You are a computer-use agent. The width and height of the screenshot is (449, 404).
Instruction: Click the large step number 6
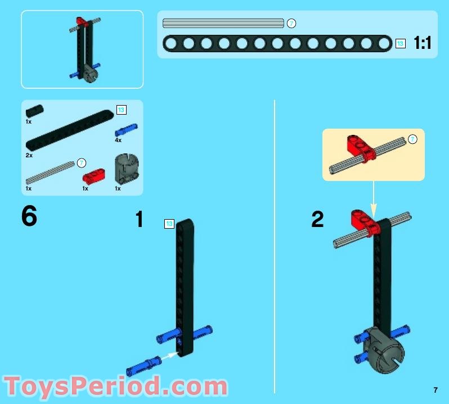pyautogui.click(x=29, y=216)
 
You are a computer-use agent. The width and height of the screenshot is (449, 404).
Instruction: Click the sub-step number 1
pyautogui.click(x=140, y=219)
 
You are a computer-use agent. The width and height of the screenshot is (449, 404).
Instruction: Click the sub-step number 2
pyautogui.click(x=317, y=219)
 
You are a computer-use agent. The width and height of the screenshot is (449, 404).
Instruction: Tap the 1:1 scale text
pyautogui.click(x=423, y=43)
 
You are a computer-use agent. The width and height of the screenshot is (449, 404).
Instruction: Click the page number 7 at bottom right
pyautogui.click(x=435, y=390)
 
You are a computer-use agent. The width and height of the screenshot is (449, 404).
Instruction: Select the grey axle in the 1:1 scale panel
pyautogui.click(x=223, y=23)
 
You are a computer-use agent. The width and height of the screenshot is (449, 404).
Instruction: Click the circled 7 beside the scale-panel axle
pyautogui.click(x=291, y=24)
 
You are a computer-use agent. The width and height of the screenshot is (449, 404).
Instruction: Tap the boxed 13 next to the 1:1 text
pyautogui.click(x=400, y=43)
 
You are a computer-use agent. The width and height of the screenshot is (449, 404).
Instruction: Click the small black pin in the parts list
pyautogui.click(x=35, y=111)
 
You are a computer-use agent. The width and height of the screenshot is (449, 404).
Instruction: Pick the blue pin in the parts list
pyautogui.click(x=126, y=130)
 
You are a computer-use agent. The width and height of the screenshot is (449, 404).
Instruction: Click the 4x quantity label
pyautogui.click(x=118, y=140)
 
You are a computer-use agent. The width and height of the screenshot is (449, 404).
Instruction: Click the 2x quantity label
pyautogui.click(x=29, y=155)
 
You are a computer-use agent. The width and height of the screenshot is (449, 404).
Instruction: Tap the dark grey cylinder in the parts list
pyautogui.click(x=127, y=169)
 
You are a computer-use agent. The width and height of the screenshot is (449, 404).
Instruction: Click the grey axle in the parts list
pyautogui.click(x=50, y=173)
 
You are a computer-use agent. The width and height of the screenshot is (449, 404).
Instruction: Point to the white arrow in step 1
pyautogui.click(x=169, y=356)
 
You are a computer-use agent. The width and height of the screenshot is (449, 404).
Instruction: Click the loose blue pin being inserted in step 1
pyautogui.click(x=143, y=366)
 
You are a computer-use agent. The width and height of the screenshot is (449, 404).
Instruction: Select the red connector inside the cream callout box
pyautogui.click(x=361, y=148)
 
